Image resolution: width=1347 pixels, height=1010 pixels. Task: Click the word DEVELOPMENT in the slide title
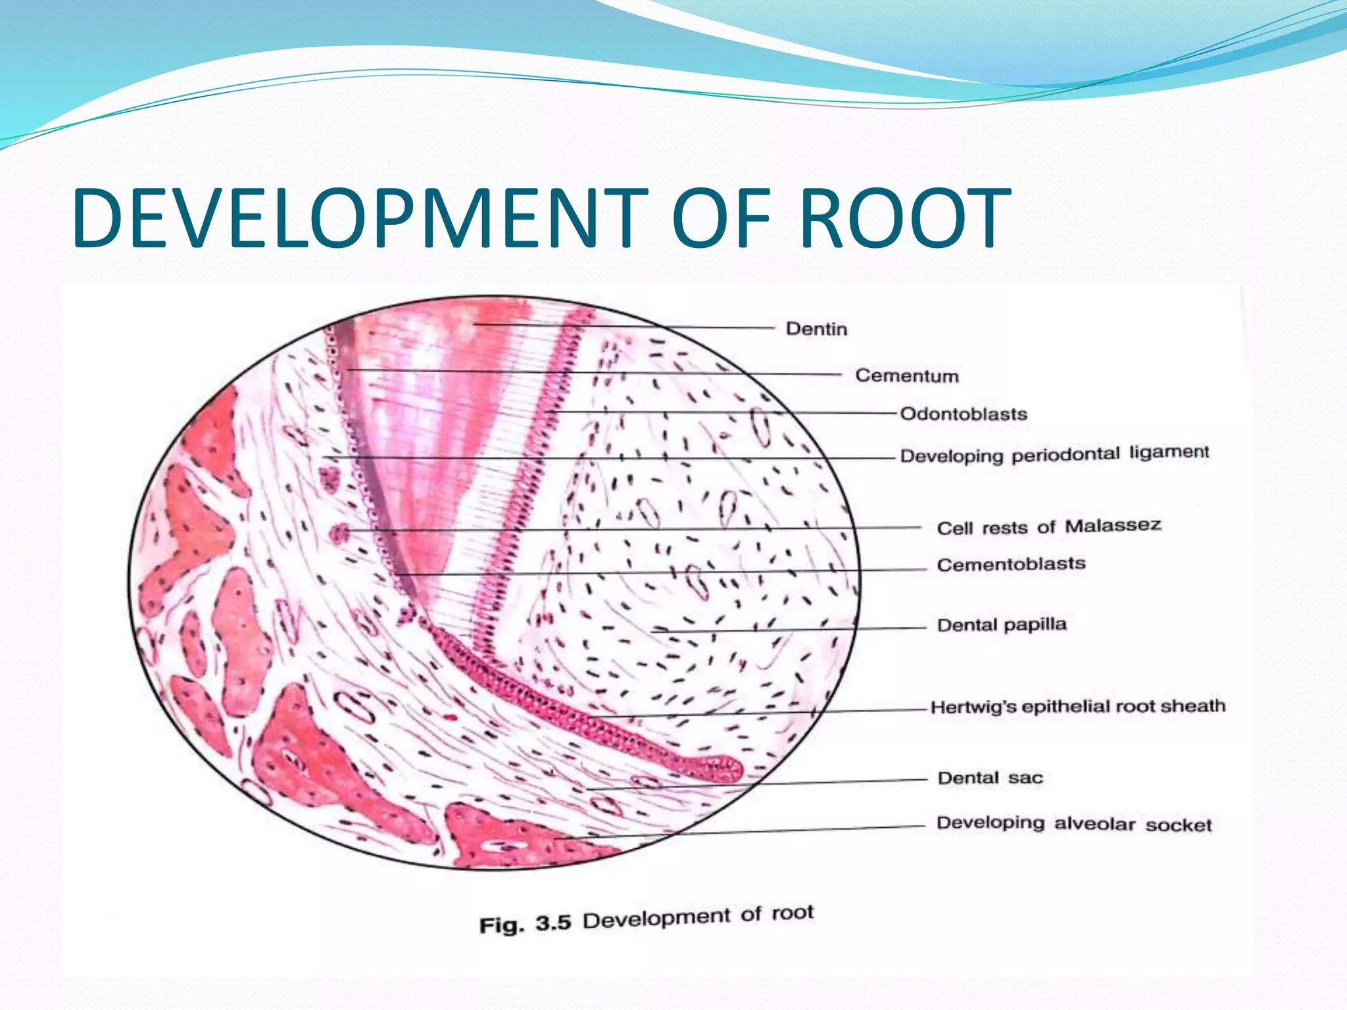pyautogui.click(x=359, y=218)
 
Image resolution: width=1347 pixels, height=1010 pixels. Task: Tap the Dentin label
pyautogui.click(x=816, y=329)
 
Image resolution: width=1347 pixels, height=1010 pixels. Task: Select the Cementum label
pyautogui.click(x=906, y=375)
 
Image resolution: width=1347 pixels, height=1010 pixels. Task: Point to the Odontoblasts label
pyautogui.click(x=963, y=414)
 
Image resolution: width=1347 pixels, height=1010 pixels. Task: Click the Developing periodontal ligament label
pyautogui.click(x=1054, y=454)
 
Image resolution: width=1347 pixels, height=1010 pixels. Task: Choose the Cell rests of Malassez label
pyautogui.click(x=1048, y=527)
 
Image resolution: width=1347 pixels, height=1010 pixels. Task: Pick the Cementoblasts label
pyautogui.click(x=1011, y=564)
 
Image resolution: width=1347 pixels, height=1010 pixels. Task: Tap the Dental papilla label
pyautogui.click(x=1001, y=625)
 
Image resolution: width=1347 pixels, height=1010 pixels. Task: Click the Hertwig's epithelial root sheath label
pyautogui.click(x=1077, y=707)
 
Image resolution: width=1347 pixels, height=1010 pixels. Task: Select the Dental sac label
pyautogui.click(x=990, y=778)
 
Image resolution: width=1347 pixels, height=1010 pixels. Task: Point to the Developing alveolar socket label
pyautogui.click(x=1073, y=824)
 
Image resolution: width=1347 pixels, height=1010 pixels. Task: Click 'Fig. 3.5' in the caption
pyautogui.click(x=524, y=924)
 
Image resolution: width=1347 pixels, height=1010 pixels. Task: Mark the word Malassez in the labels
pyautogui.click(x=1113, y=525)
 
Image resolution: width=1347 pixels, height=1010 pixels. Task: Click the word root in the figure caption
pyautogui.click(x=792, y=913)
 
